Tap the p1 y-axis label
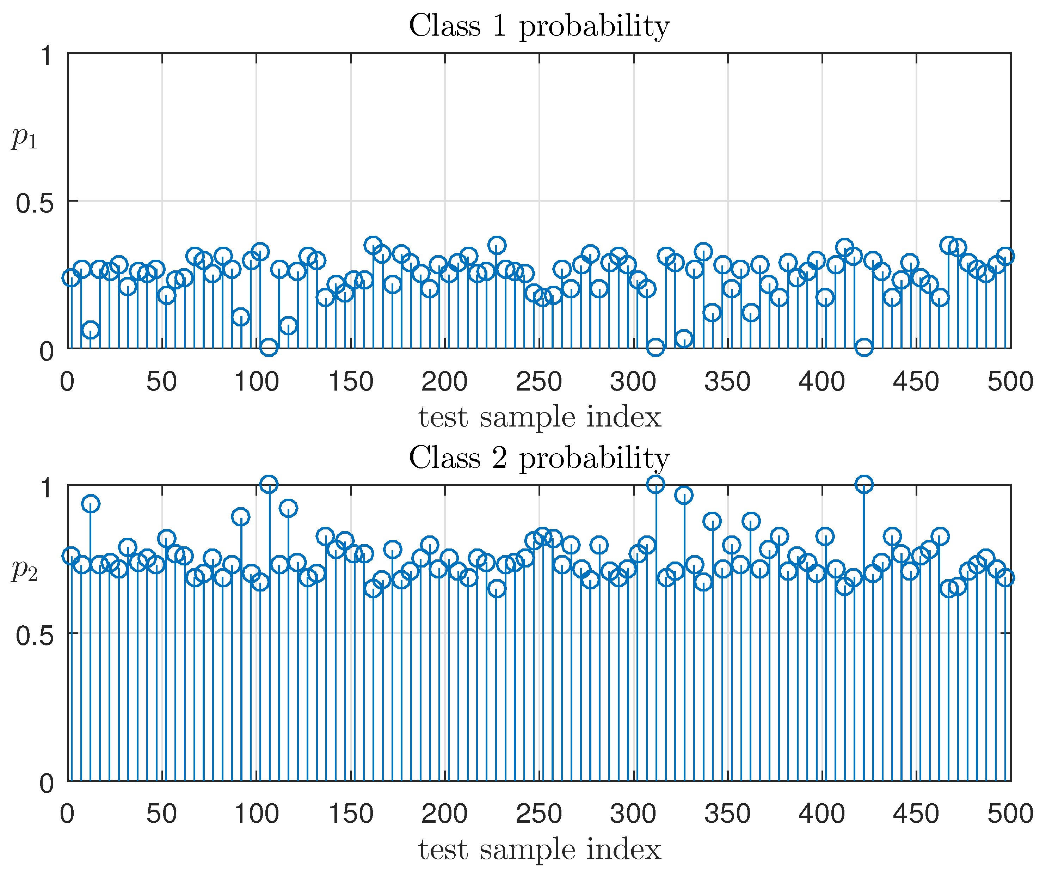[24, 137]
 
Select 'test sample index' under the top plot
[540, 417]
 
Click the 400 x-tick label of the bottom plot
[822, 815]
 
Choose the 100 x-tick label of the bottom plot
[256, 815]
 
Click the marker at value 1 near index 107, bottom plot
[269, 484]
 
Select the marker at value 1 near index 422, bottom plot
[864, 484]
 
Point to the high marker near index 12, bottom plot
[90, 504]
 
